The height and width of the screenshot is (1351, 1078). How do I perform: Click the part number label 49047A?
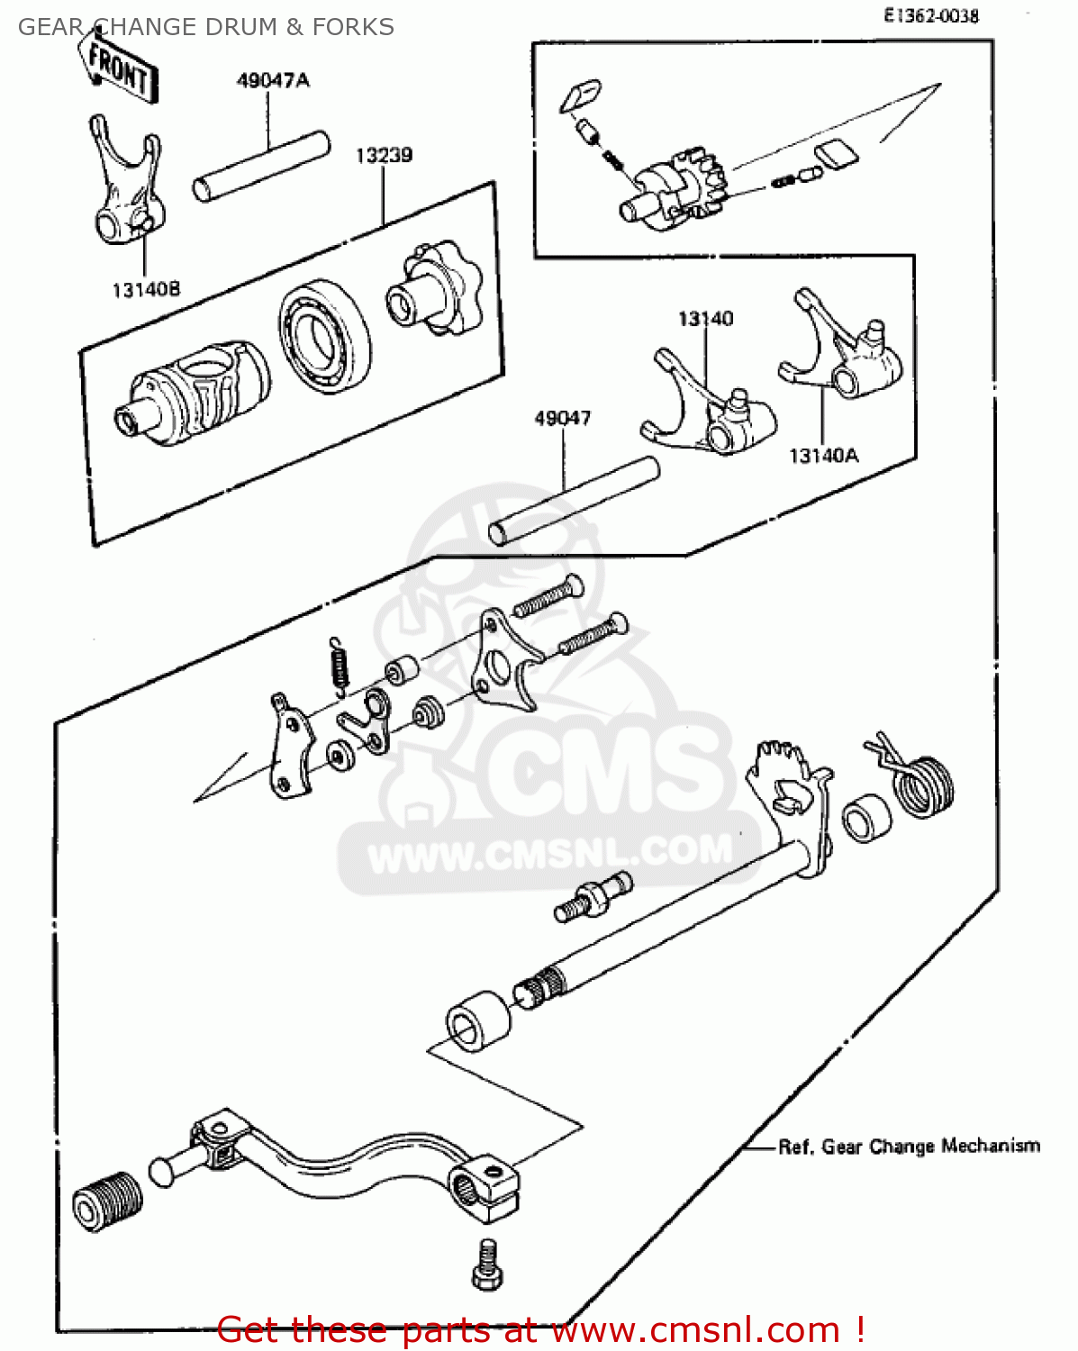pyautogui.click(x=272, y=81)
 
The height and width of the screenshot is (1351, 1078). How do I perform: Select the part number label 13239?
pyautogui.click(x=384, y=156)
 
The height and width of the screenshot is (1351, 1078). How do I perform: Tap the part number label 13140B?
pyautogui.click(x=146, y=290)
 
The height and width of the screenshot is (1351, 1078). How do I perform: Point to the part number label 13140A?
pyautogui.click(x=823, y=456)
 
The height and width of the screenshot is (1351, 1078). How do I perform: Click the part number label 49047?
pyautogui.click(x=562, y=419)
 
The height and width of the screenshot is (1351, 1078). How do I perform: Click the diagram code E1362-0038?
pyautogui.click(x=930, y=15)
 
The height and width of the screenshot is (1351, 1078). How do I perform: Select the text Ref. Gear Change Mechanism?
pyautogui.click(x=909, y=1147)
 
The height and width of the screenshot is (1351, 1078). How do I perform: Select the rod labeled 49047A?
pyautogui.click(x=260, y=167)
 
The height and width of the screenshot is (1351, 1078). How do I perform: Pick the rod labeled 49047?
pyautogui.click(x=574, y=501)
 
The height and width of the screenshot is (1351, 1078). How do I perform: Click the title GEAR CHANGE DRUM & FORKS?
pyautogui.click(x=205, y=27)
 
